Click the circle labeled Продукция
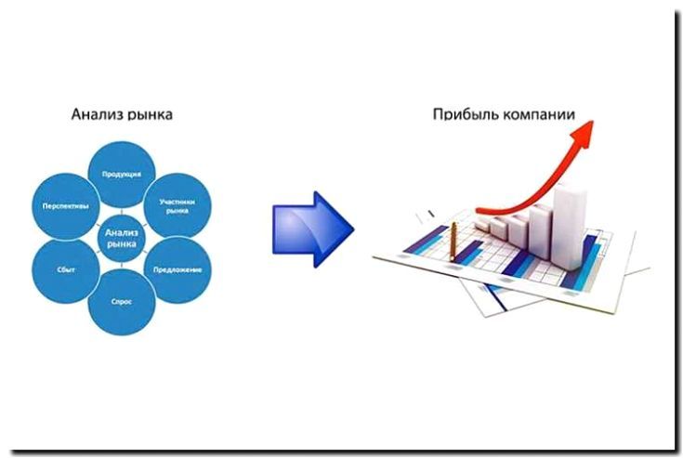tap(121, 173)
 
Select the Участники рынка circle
tap(178, 205)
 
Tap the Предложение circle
tap(177, 269)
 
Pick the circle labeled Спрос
tap(121, 302)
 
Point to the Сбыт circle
tap(65, 269)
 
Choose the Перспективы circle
tap(65, 205)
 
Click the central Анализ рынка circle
tap(121, 238)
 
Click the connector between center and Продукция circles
tap(121, 206)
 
